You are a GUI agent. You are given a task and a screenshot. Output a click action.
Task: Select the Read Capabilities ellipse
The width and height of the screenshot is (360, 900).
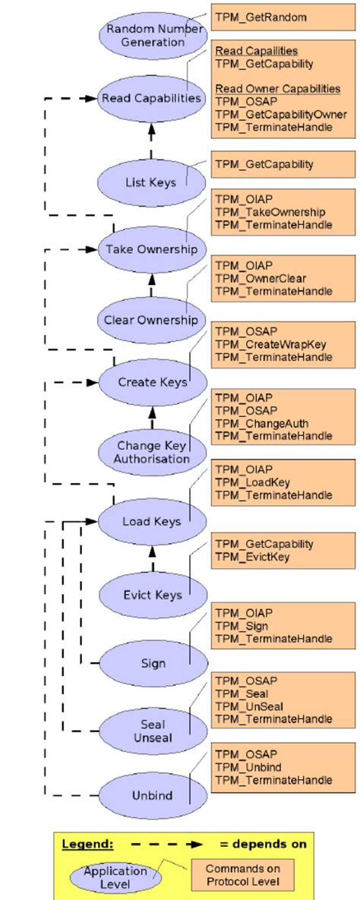(152, 98)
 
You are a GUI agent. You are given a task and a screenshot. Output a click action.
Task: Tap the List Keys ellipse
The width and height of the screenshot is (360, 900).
(152, 182)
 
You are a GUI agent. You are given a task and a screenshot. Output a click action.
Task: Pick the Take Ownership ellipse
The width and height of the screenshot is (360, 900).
(152, 250)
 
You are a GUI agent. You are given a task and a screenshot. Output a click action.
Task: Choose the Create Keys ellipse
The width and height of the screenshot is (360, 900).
(152, 382)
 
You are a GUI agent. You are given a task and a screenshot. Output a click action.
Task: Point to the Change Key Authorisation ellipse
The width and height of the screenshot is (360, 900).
(152, 452)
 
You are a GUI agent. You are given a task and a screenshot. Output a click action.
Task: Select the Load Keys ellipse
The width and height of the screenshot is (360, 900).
(152, 522)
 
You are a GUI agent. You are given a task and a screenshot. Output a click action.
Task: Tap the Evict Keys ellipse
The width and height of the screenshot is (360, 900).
(152, 595)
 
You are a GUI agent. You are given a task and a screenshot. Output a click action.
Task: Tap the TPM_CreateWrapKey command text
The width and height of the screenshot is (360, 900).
(270, 344)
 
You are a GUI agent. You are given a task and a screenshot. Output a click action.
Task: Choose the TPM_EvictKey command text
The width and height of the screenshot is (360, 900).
(252, 557)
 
